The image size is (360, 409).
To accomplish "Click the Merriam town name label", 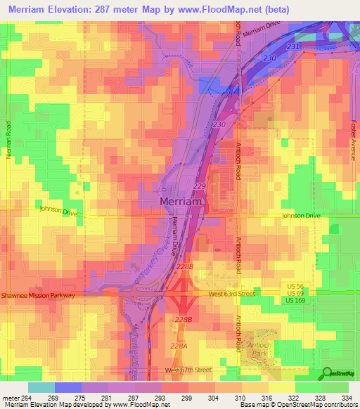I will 181,202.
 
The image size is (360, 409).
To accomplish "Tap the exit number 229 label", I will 199,186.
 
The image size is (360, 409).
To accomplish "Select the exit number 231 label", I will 294,46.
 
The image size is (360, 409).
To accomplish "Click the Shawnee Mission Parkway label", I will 38,296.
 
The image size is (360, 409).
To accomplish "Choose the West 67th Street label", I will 188,370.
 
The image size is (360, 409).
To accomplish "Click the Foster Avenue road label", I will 354,141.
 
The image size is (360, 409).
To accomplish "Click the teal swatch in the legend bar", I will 41,387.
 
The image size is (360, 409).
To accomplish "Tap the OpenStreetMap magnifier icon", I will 327,373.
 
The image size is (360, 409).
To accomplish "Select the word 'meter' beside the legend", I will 10,397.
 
